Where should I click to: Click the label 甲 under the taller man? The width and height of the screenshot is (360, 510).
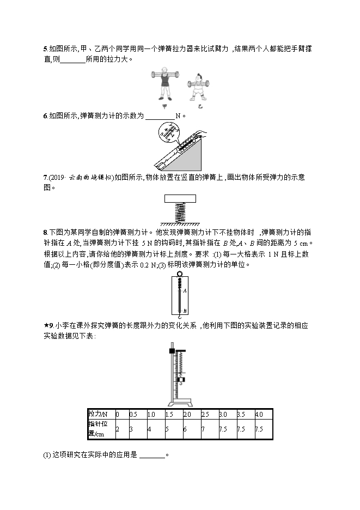tap(165, 107)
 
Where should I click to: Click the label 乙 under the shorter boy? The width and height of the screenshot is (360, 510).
tap(199, 107)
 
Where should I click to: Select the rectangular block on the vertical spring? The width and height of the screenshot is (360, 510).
tap(180, 200)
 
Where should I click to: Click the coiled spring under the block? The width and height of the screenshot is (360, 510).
tap(180, 213)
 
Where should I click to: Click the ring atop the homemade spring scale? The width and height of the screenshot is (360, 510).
tap(180, 274)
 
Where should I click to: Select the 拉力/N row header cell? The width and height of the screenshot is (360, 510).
tap(100, 414)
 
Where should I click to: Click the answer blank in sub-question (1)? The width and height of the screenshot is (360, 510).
tap(152, 455)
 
